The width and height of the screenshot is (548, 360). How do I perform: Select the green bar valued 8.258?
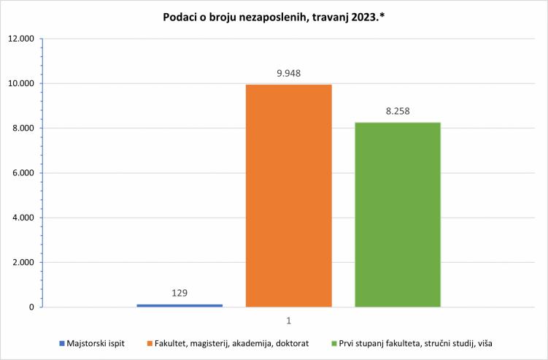click(x=398, y=215)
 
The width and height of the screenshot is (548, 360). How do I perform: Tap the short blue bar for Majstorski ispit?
click(x=180, y=305)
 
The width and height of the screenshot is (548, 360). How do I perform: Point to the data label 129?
click(x=180, y=293)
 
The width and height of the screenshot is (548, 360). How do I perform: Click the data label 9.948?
click(x=288, y=73)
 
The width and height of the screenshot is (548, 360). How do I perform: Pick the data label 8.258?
click(x=398, y=111)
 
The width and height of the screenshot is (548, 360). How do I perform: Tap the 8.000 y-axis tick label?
click(x=23, y=129)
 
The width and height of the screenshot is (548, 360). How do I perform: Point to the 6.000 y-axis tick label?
click(x=23, y=173)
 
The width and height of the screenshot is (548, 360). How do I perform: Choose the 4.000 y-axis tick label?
click(x=23, y=218)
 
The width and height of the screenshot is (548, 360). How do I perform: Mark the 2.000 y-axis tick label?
click(x=23, y=263)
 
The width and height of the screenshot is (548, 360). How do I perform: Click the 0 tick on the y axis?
click(x=32, y=307)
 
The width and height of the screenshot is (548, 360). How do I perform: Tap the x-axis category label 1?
click(x=289, y=321)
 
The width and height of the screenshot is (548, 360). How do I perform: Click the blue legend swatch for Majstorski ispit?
click(x=62, y=343)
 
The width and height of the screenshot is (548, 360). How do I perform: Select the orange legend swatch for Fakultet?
click(x=150, y=343)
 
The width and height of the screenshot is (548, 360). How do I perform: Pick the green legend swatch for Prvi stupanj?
click(x=333, y=343)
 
